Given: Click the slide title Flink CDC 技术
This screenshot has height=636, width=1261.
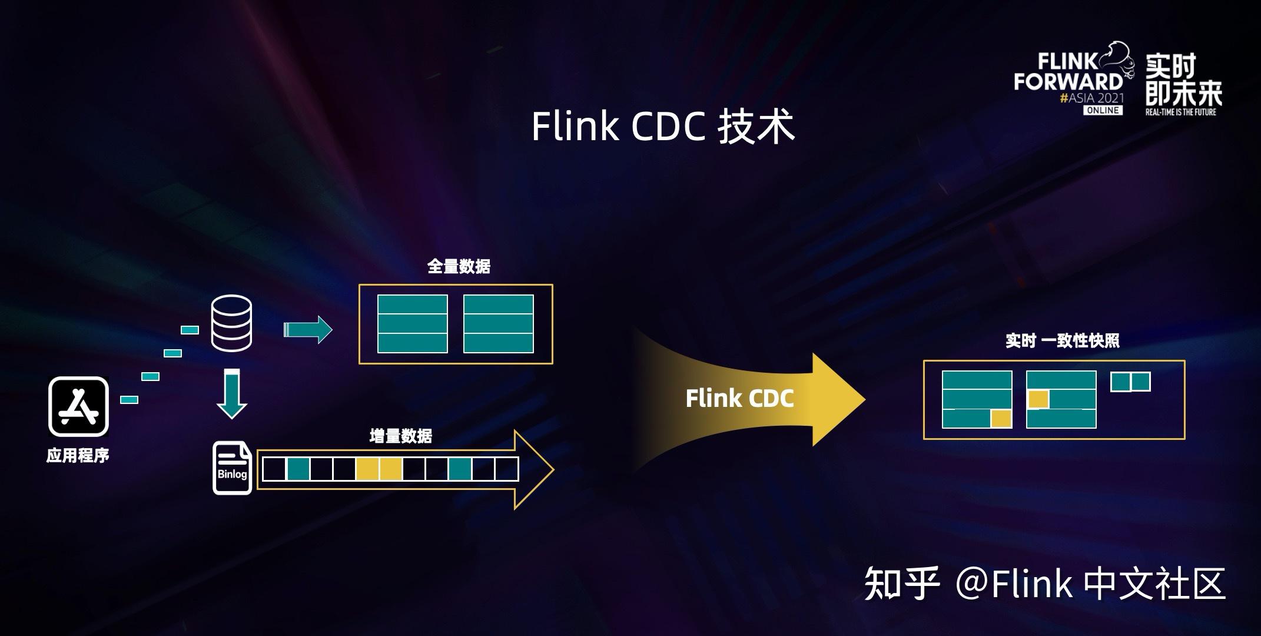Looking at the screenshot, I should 663,127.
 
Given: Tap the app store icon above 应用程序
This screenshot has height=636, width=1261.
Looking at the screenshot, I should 78,406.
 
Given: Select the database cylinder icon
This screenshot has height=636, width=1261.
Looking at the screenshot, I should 231,323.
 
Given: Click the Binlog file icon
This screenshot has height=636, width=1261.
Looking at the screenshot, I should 232,468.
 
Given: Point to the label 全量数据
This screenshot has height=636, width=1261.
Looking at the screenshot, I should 459,267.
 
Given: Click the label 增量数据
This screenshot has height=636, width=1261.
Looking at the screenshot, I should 400,436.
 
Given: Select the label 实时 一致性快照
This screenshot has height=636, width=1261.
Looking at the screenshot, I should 1062,341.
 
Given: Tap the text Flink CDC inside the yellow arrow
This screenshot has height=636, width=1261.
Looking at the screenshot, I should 739,399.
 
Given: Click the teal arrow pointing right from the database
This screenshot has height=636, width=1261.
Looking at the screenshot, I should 308,329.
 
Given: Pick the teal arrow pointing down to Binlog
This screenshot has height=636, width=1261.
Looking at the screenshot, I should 231,394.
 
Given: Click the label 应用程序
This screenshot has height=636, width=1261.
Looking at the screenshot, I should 78,456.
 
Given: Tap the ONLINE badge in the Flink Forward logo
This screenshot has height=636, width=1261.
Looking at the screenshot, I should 1103,110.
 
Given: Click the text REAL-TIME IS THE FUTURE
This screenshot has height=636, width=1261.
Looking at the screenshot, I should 1180,111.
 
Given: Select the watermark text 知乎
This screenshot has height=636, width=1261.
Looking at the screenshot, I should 901,584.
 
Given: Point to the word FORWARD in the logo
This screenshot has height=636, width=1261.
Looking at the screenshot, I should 1068,81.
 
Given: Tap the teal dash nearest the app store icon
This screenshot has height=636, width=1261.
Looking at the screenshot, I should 130,400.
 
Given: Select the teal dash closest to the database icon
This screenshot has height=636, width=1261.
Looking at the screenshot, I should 190,330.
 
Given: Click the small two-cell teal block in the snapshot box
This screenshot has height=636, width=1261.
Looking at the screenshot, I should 1130,382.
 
